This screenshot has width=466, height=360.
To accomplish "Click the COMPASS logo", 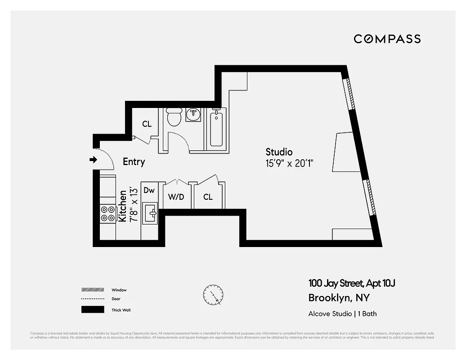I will (x=387, y=39).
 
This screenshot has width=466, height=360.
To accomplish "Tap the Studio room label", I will (x=279, y=152).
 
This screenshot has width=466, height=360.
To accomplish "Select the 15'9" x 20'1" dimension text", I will (x=289, y=163).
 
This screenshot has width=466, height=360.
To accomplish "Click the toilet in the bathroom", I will (x=174, y=117).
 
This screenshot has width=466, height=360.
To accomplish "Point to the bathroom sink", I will (x=194, y=114).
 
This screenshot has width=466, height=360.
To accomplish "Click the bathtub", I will (x=216, y=129).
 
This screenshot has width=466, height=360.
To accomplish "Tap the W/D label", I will (x=176, y=197).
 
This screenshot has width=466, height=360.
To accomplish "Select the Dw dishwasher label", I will (x=149, y=190).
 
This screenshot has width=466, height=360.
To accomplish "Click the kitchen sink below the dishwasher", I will (x=149, y=212).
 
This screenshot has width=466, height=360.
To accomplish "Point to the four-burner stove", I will (x=108, y=214).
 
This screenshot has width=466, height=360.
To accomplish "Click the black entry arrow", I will (x=94, y=160).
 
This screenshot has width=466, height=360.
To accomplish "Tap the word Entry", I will (x=134, y=162).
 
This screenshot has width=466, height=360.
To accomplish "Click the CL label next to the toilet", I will (x=147, y=124).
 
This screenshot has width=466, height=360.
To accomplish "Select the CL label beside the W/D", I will (x=207, y=197).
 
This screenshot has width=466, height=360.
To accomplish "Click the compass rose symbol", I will (x=212, y=295).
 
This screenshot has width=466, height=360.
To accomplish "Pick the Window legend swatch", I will (x=92, y=290).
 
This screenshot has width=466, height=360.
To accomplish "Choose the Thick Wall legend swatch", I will (x=92, y=310).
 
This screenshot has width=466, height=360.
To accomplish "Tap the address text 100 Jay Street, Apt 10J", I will (x=351, y=283).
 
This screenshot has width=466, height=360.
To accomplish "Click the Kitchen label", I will (x=122, y=206).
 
